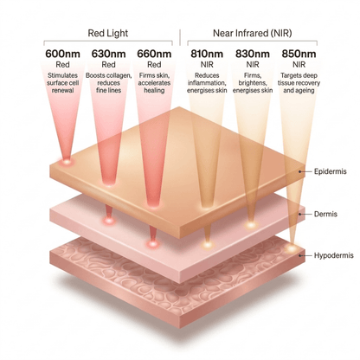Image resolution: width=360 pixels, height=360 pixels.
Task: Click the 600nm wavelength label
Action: [62, 54]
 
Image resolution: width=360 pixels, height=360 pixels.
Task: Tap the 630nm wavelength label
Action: [108, 54]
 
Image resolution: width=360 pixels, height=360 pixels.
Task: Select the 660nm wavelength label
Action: [154, 54]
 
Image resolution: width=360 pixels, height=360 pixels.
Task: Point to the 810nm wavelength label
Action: [207, 54]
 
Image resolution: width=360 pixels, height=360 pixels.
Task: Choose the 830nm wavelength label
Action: [253, 54]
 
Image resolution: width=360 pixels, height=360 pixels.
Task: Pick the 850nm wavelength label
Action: [299, 54]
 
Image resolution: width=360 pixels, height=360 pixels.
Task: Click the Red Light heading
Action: [108, 33]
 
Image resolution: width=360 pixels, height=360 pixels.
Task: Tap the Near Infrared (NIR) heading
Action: [253, 33]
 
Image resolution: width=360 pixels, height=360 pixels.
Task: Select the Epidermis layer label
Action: [331, 171]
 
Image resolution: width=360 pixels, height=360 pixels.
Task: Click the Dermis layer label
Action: [325, 214]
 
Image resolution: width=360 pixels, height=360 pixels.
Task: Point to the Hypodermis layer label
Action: [334, 255]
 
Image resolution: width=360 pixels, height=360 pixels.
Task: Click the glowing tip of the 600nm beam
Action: [67, 161]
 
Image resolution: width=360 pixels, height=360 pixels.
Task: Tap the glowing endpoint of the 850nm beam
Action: [292, 247]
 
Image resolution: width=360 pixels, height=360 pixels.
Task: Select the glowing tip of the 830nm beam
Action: [251, 224]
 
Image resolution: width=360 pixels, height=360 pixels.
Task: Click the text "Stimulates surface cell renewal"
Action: [62, 83]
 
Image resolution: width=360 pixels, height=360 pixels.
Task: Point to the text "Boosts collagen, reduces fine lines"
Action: [108, 83]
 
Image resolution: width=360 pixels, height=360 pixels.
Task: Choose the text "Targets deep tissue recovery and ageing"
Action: [299, 83]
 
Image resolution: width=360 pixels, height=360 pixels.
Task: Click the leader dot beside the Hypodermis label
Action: [300, 255]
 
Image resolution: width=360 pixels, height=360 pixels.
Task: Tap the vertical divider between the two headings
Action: [180, 37]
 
